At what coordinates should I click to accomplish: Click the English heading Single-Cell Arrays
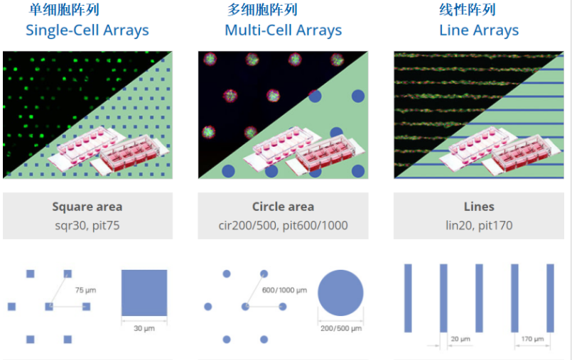pos(87,31)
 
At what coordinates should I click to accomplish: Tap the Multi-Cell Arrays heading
pos(283,31)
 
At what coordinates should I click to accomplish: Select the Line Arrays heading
pos(479,31)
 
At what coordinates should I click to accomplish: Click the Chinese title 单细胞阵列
pos(64,9)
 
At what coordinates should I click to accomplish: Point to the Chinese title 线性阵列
pos(468,9)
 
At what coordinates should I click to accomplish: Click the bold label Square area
pos(87,207)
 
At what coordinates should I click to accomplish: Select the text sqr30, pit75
pos(87,226)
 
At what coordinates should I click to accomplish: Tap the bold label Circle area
pos(283,207)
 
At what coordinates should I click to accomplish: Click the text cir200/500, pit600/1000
pos(283,226)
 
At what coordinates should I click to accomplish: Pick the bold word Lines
pos(479,207)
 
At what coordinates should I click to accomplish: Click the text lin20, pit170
pos(479,226)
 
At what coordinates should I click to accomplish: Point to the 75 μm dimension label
pos(86,290)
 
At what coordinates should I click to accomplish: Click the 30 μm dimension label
pos(144,328)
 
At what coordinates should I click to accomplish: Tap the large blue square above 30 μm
pos(144,293)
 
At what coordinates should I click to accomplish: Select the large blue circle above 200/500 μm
pos(340,293)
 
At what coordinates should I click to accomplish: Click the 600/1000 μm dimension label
pos(284,290)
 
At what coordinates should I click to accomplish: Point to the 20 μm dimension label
pos(460,339)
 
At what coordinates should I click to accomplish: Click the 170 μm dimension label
pos(532,339)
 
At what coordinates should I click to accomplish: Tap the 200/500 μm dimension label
pos(341,328)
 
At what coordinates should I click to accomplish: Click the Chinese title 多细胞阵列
pos(262,9)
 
